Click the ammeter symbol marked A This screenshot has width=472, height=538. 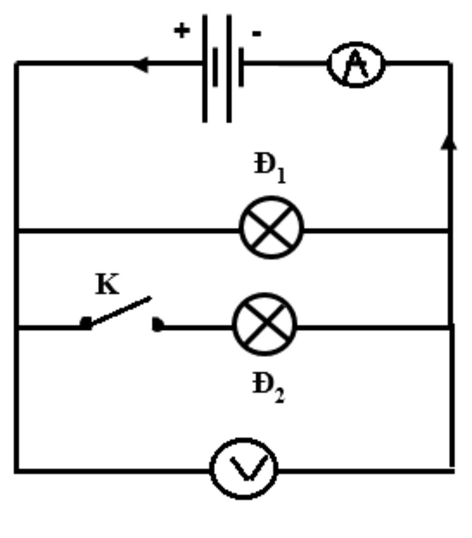coord(356,65)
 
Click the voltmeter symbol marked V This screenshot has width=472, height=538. coord(244,468)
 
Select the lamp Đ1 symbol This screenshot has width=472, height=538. coord(271,228)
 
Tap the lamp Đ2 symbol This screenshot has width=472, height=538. coord(265,324)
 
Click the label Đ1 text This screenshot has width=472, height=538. coord(270,168)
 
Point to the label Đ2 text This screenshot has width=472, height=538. coord(268,388)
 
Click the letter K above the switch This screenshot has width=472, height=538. coord(107,284)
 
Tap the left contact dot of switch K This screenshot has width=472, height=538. coord(85,323)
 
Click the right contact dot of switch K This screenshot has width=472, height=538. coord(157,325)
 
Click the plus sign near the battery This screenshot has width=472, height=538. coord(182,31)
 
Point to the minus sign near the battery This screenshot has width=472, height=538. coord(257,33)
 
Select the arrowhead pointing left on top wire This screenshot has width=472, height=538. coord(140,64)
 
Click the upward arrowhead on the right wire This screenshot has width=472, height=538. coord(449,142)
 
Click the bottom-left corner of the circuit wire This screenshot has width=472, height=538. coord(17,470)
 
